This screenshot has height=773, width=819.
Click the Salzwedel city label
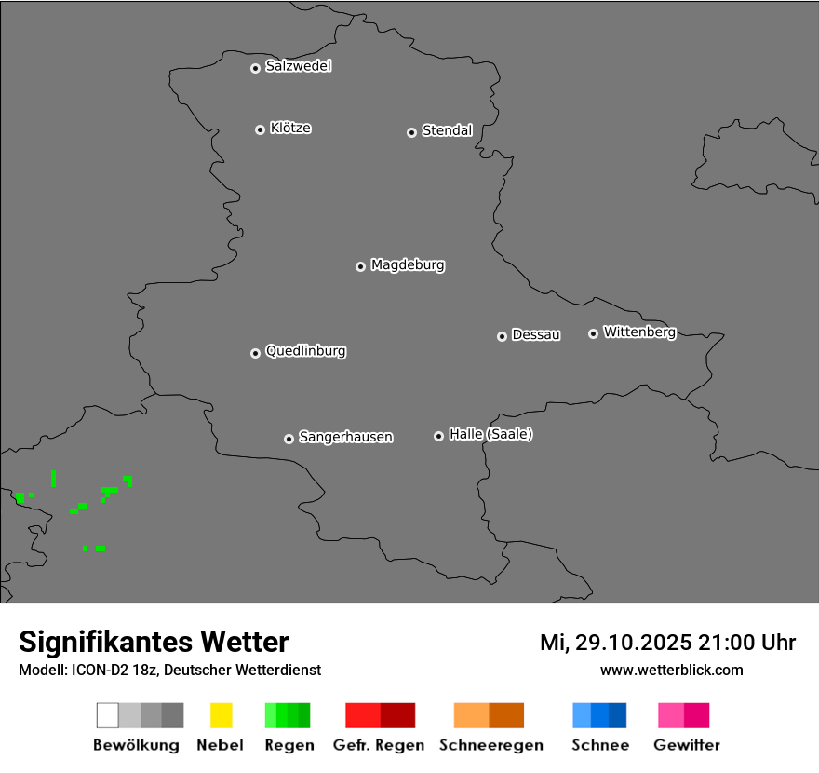(x=298, y=66)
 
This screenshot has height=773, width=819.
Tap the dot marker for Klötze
(x=260, y=129)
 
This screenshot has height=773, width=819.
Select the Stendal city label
(x=447, y=130)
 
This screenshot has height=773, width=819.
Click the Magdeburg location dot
(x=360, y=266)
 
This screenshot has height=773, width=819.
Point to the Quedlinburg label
(x=305, y=351)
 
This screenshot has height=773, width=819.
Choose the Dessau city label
(x=536, y=334)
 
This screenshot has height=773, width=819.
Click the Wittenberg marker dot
(x=593, y=333)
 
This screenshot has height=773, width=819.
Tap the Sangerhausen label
(x=345, y=437)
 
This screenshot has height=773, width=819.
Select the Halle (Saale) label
(x=490, y=434)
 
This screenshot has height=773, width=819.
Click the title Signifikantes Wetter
(x=154, y=643)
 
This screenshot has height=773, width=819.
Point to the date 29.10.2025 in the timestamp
(x=633, y=643)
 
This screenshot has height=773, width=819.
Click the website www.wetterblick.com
(x=671, y=670)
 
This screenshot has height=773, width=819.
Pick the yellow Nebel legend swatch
(x=221, y=715)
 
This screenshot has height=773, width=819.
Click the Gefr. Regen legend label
(x=379, y=745)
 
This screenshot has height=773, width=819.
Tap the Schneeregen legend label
(x=490, y=745)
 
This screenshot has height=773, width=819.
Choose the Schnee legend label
(x=599, y=745)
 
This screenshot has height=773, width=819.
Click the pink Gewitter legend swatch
(x=671, y=715)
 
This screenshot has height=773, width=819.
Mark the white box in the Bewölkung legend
(x=108, y=715)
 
